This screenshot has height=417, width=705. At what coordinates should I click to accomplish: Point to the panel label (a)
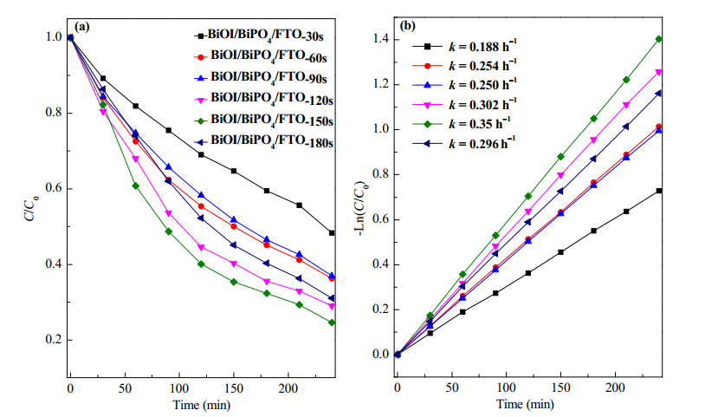tap(81, 27)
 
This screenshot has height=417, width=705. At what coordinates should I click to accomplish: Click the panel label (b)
tap(408, 26)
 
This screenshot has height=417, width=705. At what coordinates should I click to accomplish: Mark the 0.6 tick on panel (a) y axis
tap(54, 188)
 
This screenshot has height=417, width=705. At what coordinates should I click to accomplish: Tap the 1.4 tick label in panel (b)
tap(381, 39)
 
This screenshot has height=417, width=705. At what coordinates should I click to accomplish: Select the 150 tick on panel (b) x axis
tap(560, 388)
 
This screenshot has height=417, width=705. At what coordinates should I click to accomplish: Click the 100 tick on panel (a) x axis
tap(179, 388)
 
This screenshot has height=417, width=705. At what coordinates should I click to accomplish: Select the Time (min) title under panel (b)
tap(525, 404)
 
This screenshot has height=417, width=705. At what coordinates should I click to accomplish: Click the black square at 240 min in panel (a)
tap(332, 233)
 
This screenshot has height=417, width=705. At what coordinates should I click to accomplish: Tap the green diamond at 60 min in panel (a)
tap(135, 186)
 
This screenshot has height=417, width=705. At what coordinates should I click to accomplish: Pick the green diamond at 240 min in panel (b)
tap(659, 39)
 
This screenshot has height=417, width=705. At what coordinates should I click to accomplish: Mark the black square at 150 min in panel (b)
tap(560, 252)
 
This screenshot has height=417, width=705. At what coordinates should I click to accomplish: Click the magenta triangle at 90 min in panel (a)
tap(169, 213)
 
